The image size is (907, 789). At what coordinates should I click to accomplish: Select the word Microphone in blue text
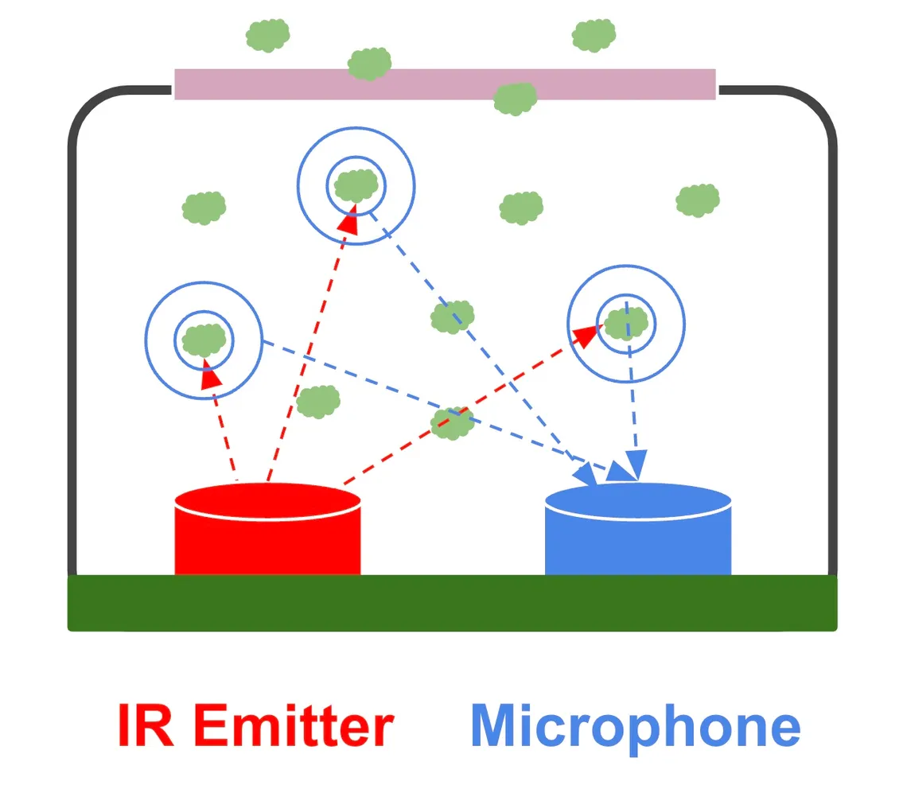[x=635, y=726]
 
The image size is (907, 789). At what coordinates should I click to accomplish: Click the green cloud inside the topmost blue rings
[x=356, y=186]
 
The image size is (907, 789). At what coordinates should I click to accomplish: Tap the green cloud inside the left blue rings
[x=204, y=340]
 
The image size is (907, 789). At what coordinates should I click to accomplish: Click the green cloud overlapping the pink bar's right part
[x=515, y=98]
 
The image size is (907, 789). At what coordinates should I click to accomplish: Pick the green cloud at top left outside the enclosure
[x=267, y=35]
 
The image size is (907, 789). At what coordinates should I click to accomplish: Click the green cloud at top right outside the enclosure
[x=594, y=34]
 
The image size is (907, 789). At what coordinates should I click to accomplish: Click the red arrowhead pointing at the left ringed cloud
[x=211, y=375]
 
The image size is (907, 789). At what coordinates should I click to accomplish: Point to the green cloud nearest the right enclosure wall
[x=698, y=200]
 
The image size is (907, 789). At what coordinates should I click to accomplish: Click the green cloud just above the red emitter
[x=318, y=401]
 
